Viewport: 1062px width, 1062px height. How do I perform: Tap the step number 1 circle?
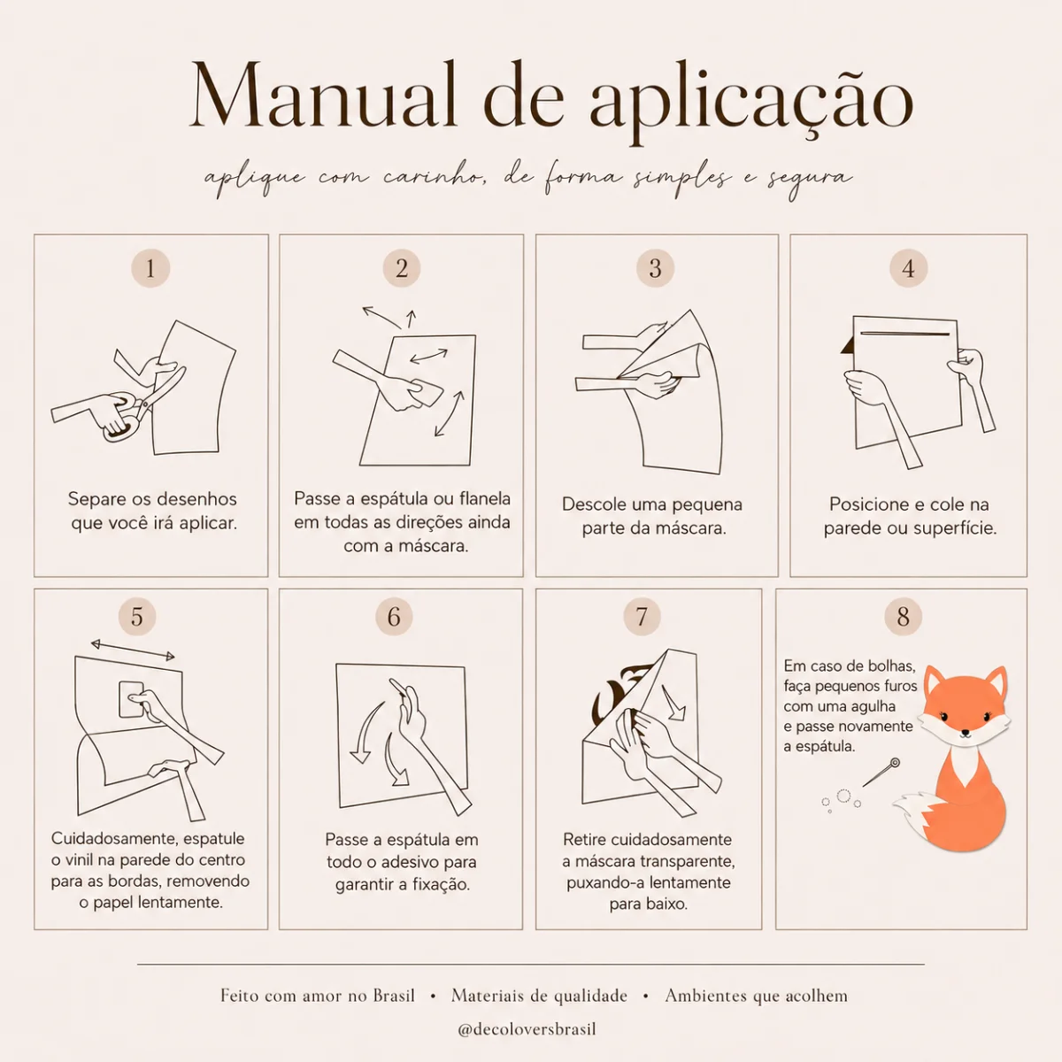(150, 268)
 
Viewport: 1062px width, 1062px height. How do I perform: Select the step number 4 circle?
(908, 268)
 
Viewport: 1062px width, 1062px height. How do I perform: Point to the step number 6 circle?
(394, 617)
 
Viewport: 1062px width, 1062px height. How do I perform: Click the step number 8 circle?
(903, 617)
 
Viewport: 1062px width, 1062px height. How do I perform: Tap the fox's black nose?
(965, 733)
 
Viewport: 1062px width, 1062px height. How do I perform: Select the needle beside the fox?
(881, 772)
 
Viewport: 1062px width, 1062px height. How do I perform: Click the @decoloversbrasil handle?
(527, 1029)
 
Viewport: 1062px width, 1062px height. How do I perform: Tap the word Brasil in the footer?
(394, 996)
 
